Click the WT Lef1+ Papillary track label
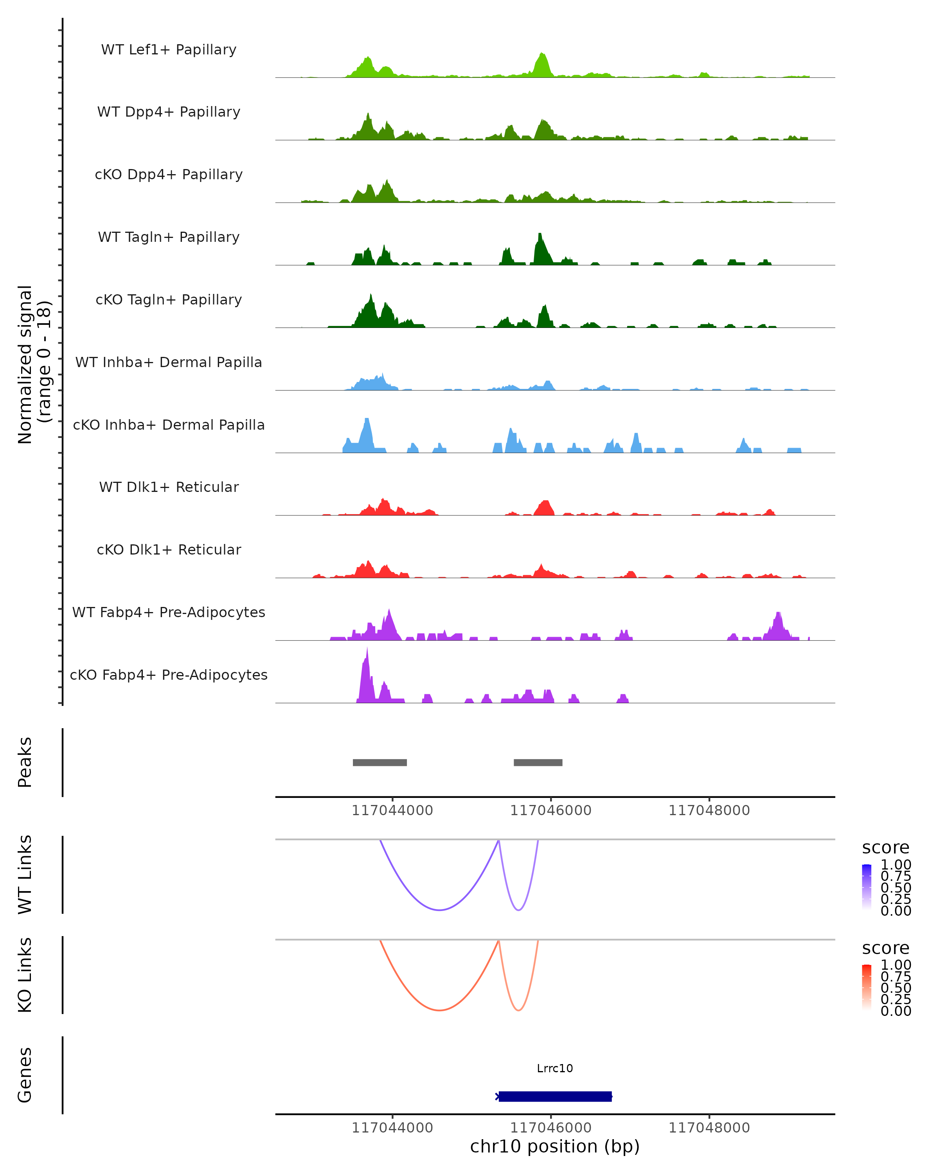tap(169, 50)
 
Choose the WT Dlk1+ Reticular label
tap(169, 487)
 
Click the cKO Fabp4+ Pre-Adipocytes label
tap(169, 675)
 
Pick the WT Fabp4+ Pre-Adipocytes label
tap(169, 612)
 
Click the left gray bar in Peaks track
tap(380, 762)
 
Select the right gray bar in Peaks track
tap(538, 762)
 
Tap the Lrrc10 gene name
tap(555, 1068)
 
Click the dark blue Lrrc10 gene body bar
tap(555, 1097)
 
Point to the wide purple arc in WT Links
tap(439, 910)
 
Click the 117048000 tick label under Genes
tap(709, 1127)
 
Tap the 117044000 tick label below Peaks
tap(392, 810)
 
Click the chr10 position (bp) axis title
tap(555, 1146)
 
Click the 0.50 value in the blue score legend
tap(896, 887)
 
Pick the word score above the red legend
tap(885, 948)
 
